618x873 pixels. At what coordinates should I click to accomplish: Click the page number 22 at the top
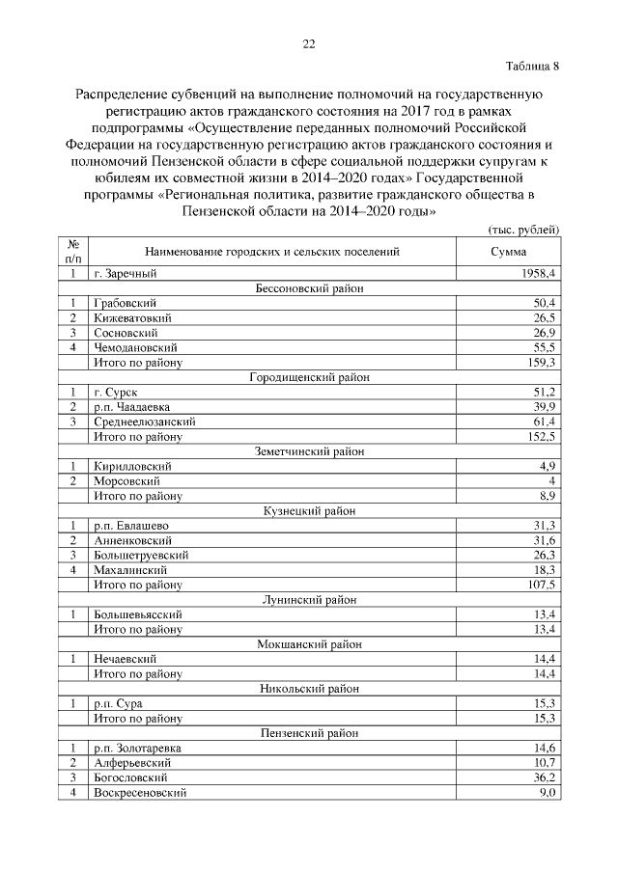pyautogui.click(x=309, y=43)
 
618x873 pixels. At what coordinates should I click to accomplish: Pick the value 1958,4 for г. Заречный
pyautogui.click(x=539, y=274)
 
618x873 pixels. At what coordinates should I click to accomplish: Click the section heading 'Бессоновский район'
pyautogui.click(x=309, y=288)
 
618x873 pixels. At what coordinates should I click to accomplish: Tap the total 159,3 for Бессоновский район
pyautogui.click(x=542, y=362)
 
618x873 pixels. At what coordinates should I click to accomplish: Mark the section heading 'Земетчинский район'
pyautogui.click(x=309, y=450)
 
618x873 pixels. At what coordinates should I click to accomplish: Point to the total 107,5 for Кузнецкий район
pyautogui.click(x=542, y=585)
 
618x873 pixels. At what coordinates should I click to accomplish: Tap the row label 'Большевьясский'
pyautogui.click(x=137, y=614)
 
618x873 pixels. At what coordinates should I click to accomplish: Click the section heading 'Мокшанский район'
pyautogui.click(x=309, y=643)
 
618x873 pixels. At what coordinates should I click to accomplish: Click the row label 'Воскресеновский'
pyautogui.click(x=139, y=792)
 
